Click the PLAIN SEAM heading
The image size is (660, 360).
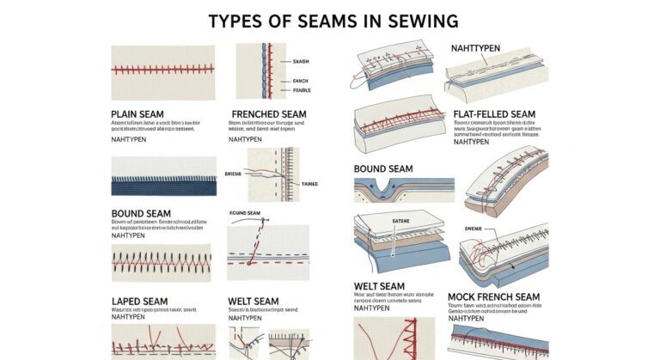(x=143, y=113)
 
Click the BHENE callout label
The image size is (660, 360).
(x=235, y=173)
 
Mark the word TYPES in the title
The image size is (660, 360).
(x=236, y=19)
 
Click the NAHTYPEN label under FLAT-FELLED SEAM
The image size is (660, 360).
(x=471, y=143)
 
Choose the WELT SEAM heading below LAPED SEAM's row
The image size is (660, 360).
(x=254, y=301)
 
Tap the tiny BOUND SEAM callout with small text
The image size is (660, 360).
(x=245, y=212)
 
